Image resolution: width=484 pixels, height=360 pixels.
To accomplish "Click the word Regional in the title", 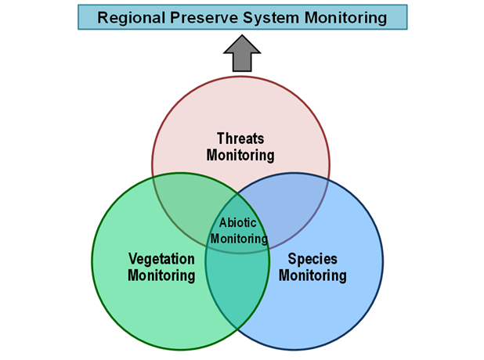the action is [131, 18].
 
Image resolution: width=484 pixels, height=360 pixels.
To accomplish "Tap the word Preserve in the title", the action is [204, 17].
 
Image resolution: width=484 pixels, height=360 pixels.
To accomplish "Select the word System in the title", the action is [271, 18].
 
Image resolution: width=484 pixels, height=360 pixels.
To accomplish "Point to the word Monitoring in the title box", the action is [345, 18].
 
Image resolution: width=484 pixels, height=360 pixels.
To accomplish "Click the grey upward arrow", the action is [242, 53].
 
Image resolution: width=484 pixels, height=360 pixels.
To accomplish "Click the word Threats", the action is [240, 139].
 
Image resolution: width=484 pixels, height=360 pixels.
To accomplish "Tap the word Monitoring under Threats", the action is [240, 155].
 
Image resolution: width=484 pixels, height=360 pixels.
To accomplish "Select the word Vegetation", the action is [161, 259].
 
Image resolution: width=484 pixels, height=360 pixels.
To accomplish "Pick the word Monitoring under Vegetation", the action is [161, 275].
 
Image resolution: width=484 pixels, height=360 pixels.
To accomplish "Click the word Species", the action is [312, 259].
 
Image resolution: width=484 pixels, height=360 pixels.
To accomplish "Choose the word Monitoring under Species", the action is [312, 275].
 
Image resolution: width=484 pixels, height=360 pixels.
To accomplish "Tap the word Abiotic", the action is [237, 222].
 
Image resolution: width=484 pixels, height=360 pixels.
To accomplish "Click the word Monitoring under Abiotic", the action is [239, 239].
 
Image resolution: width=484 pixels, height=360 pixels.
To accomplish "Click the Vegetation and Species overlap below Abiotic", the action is [237, 287].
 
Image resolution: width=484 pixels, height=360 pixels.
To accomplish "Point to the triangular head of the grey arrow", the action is [242, 44].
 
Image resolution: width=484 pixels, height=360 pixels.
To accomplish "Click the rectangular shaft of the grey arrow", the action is [242, 63].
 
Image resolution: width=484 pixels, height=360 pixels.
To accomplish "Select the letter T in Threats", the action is [221, 139].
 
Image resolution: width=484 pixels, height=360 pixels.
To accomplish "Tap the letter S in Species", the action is [292, 259].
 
